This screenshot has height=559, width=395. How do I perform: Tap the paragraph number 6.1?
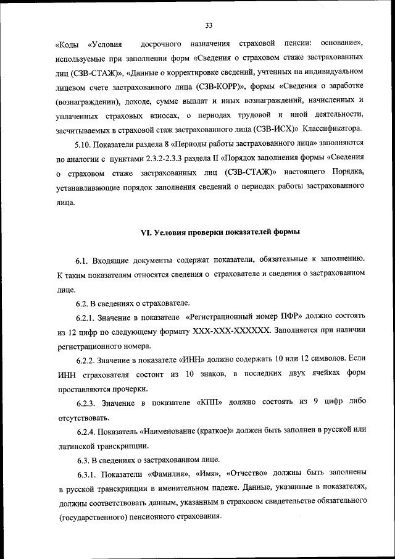click(83, 260)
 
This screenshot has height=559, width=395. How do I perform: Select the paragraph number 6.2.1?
click(88, 317)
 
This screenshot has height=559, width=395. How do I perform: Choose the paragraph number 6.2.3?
click(88, 403)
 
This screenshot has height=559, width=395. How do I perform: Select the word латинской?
click(81, 446)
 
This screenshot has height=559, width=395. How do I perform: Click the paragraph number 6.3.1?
click(88, 474)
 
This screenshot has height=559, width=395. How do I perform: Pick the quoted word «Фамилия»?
click(170, 474)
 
